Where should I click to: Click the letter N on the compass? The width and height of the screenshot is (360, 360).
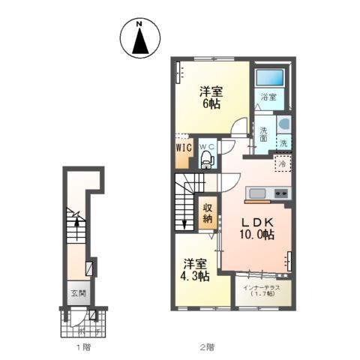click(x=139, y=24)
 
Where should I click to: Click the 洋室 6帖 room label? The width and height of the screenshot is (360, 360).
click(x=211, y=97)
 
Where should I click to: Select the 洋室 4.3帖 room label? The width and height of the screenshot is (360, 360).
click(x=195, y=270)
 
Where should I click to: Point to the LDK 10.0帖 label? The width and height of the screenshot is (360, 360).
click(x=256, y=228)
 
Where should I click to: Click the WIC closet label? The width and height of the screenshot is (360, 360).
click(x=184, y=148)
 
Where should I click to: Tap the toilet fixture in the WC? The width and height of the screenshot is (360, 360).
click(x=208, y=160)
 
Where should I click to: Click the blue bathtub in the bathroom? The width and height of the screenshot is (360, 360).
click(x=269, y=77)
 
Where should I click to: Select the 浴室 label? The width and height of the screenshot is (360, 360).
click(x=268, y=97)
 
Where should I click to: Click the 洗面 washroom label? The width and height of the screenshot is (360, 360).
click(x=263, y=134)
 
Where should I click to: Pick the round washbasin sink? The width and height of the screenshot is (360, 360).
click(x=284, y=124)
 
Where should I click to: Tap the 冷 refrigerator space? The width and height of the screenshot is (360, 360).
click(x=283, y=163)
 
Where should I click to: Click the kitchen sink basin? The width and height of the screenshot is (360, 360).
click(x=257, y=193)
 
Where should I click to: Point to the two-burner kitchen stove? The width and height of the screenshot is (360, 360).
click(x=281, y=193)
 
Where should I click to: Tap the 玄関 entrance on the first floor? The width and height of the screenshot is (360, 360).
click(x=79, y=293)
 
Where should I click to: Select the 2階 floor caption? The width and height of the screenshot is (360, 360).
click(x=207, y=346)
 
